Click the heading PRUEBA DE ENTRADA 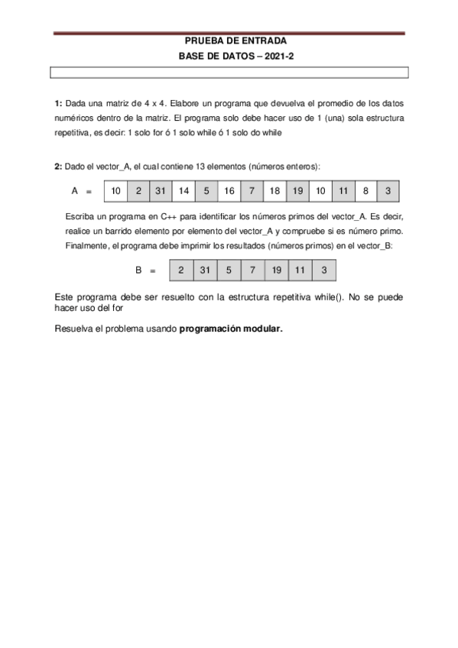pyautogui.click(x=229, y=41)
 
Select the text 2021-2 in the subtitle pyautogui.click(x=279, y=57)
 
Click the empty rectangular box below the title pyautogui.click(x=229, y=73)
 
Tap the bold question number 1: pyautogui.click(x=59, y=103)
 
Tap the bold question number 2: pyautogui.click(x=59, y=166)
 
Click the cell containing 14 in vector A pyautogui.click(x=184, y=190)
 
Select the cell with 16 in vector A pyautogui.click(x=229, y=190)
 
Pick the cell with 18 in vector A pyautogui.click(x=275, y=190)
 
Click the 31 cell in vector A pyautogui.click(x=161, y=190)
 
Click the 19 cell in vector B pyautogui.click(x=277, y=270)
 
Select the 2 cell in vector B pyautogui.click(x=180, y=270)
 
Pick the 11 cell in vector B pyautogui.click(x=300, y=270)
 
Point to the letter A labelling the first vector pyautogui.click(x=75, y=190)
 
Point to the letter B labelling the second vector pyautogui.click(x=139, y=270)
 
